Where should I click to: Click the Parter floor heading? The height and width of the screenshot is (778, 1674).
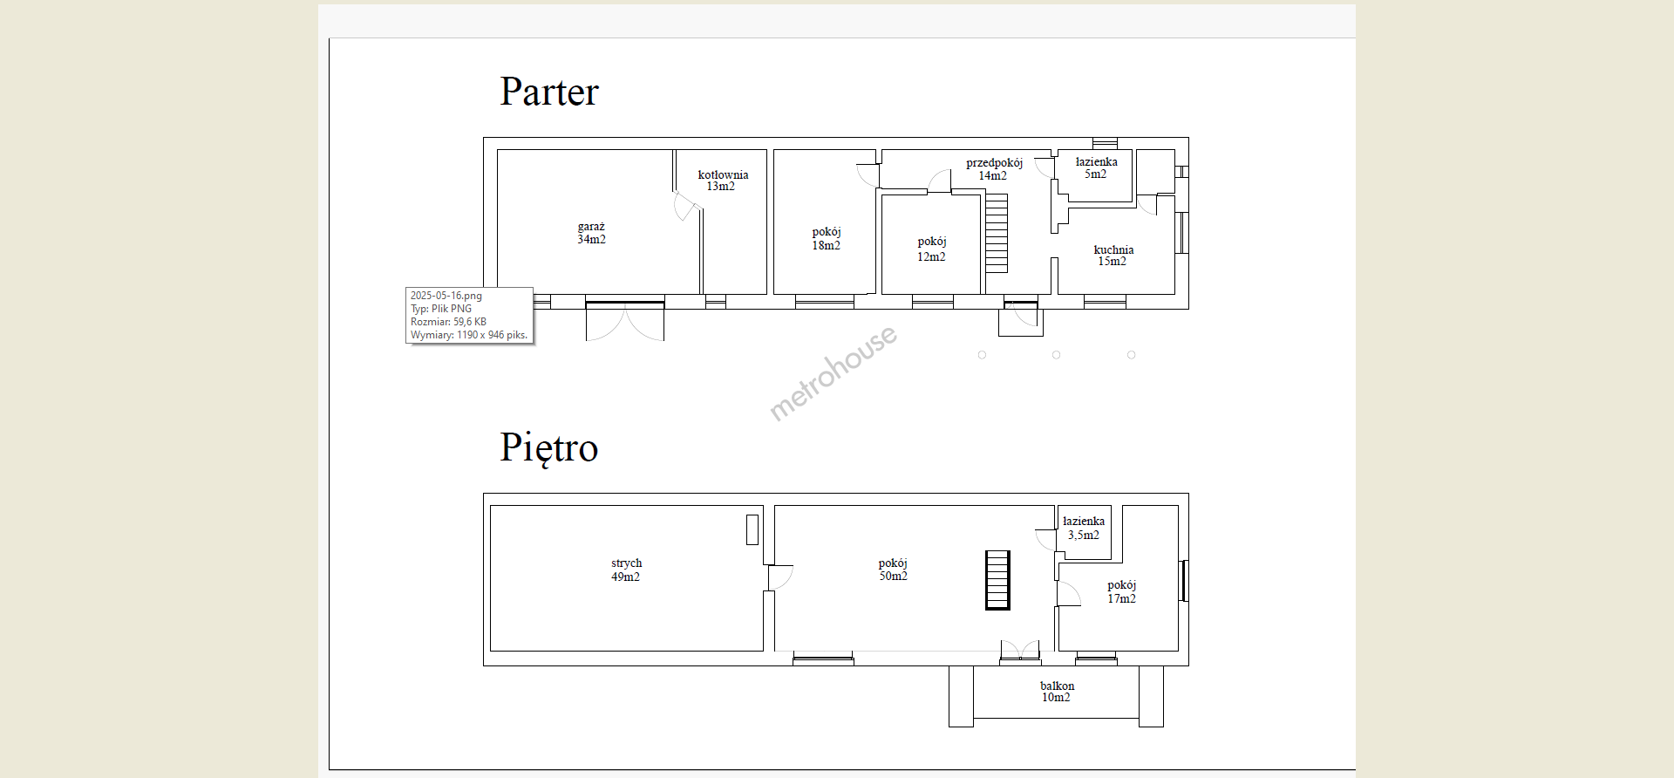click(x=549, y=92)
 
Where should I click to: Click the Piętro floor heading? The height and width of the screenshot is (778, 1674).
click(x=549, y=448)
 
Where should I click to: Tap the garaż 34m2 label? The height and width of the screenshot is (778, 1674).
click(x=591, y=233)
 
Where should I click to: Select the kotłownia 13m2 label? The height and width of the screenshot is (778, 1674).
click(x=723, y=181)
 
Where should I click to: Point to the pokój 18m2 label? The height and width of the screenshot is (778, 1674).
click(x=827, y=238)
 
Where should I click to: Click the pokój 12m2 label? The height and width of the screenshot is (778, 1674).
click(x=931, y=249)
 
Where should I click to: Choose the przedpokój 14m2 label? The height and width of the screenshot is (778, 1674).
click(x=994, y=169)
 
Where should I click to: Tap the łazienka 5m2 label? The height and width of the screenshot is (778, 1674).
click(x=1096, y=167)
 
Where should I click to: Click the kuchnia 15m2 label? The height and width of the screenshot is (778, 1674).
click(x=1113, y=256)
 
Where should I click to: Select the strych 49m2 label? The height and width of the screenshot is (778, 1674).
click(x=626, y=570)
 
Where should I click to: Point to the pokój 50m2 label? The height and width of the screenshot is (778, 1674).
click(x=893, y=570)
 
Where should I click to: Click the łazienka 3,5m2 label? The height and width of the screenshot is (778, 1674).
click(x=1084, y=528)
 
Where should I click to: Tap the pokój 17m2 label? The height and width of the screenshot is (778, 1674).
click(x=1122, y=591)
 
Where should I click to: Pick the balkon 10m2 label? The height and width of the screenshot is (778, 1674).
click(x=1057, y=692)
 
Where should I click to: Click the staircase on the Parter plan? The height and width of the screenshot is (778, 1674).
click(x=997, y=233)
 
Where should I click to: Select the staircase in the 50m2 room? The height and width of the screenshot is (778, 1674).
click(x=997, y=580)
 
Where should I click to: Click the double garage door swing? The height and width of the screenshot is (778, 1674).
click(x=625, y=321)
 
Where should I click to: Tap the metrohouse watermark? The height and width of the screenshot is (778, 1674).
click(x=833, y=372)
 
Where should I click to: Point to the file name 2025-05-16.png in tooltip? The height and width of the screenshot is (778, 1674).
click(x=446, y=296)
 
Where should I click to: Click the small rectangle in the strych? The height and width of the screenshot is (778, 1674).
click(x=752, y=529)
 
